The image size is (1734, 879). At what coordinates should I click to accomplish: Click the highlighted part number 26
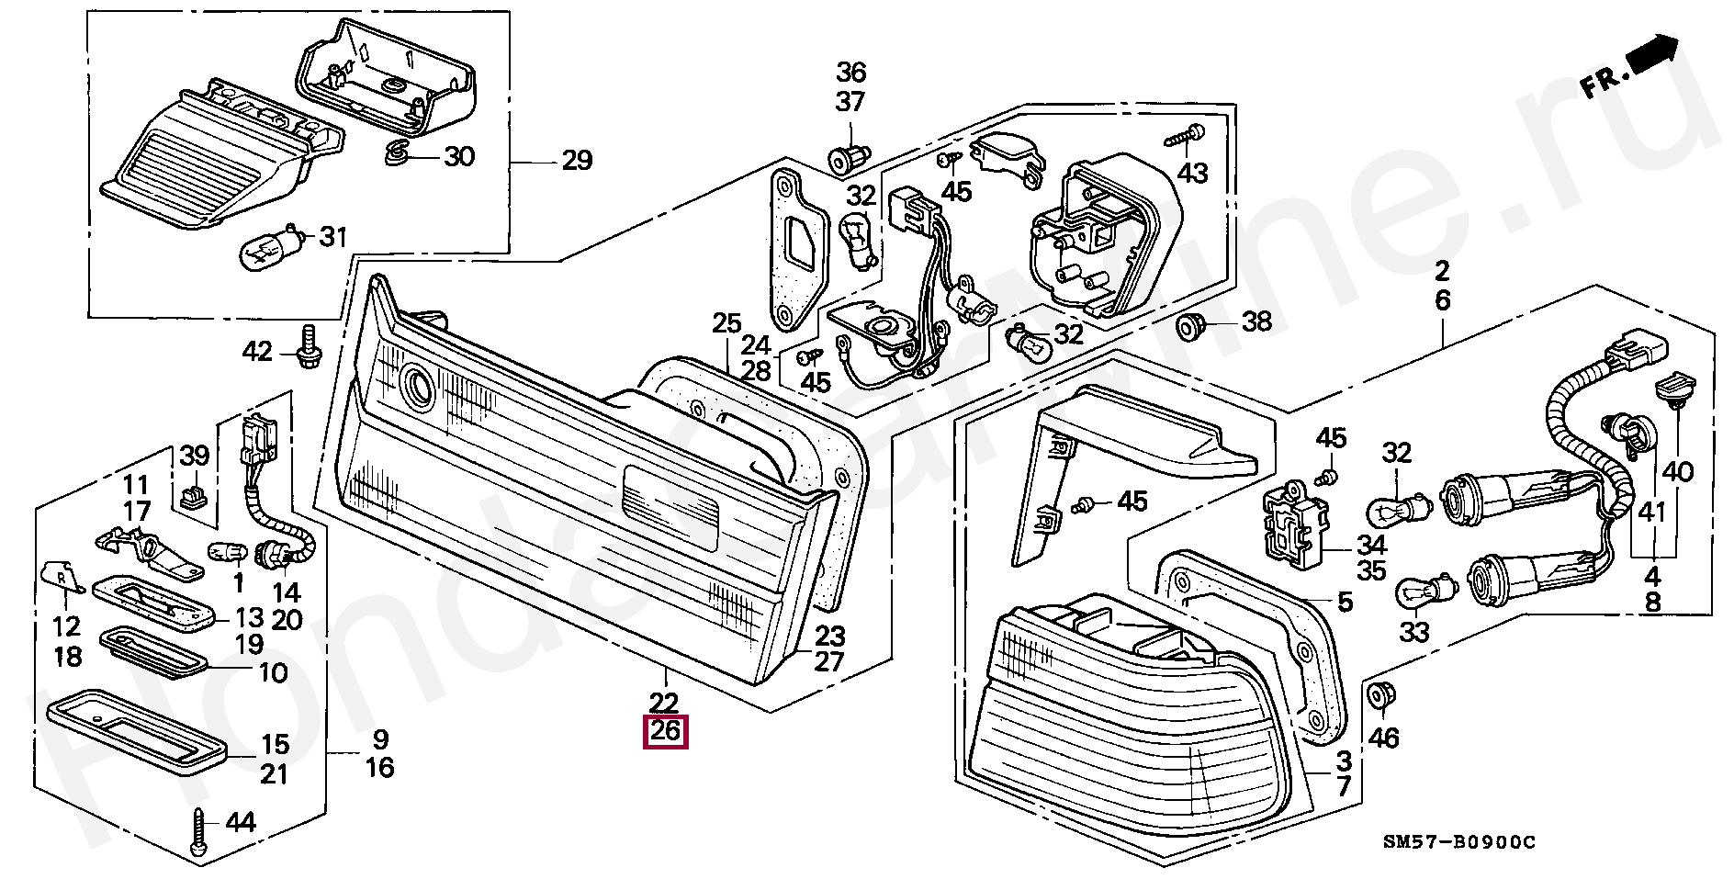666,732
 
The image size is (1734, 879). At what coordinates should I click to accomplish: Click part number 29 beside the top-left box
577,162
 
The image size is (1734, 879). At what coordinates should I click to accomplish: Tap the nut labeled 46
1379,696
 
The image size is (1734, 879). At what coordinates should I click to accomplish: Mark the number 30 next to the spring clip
459,156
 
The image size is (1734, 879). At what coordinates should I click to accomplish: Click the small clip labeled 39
191,496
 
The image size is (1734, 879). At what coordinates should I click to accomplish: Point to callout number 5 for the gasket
1345,603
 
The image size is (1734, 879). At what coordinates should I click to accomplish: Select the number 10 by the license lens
274,673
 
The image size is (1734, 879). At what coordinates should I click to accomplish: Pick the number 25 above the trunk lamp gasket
726,323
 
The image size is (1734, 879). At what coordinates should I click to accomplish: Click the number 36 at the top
850,72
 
